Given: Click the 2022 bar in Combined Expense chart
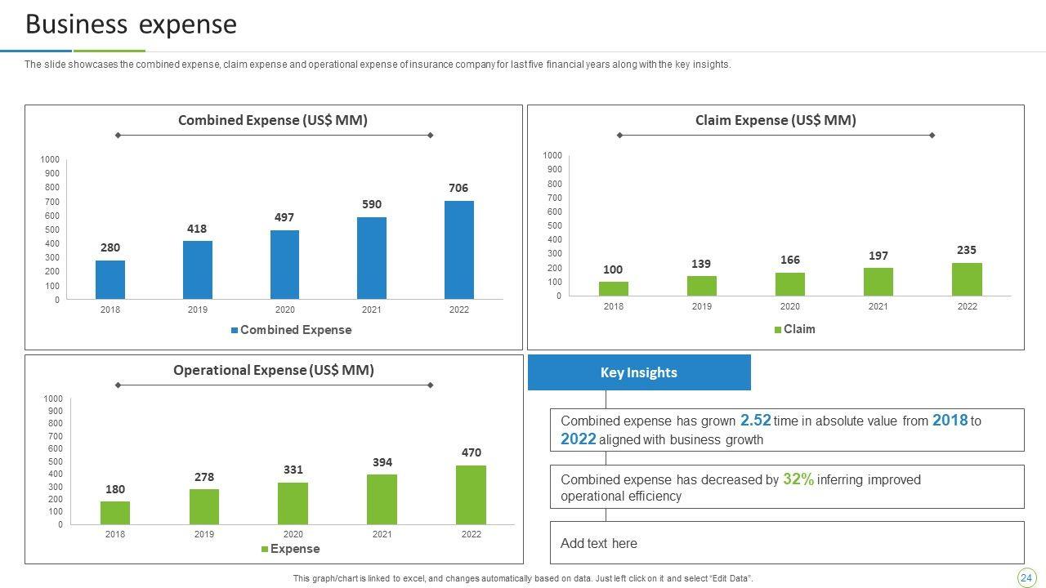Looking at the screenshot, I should point(458,250).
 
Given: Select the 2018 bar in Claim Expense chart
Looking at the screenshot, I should point(613,288).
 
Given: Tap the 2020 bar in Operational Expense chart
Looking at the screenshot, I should point(293,503).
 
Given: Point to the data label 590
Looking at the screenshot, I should point(372,204).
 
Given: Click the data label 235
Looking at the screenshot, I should point(967,250).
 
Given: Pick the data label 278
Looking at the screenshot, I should point(204,477).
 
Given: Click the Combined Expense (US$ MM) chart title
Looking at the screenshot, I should point(273,120).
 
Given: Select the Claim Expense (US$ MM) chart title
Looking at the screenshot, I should point(776,120).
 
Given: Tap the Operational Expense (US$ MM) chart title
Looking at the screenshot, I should point(274,370).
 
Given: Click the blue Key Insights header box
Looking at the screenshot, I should point(639,372).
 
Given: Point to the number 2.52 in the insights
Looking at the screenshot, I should point(755,421).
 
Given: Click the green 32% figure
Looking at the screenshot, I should point(798,479).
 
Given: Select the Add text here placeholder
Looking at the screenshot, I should point(599,543).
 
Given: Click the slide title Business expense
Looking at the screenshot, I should point(131,24).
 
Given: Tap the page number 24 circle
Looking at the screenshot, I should point(1026,578).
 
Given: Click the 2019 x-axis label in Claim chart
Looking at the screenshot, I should point(701,306).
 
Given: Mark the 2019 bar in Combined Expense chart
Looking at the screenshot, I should point(197,269).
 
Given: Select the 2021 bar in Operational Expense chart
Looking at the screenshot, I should point(382,499).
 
